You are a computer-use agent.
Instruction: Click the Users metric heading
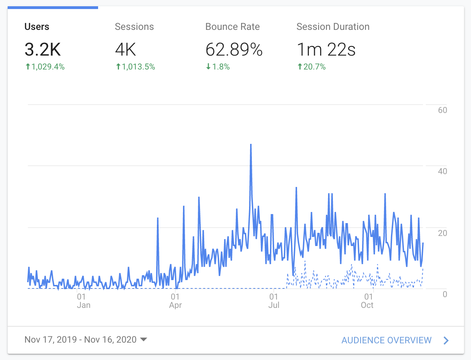[37, 27]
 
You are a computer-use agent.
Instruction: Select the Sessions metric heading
[134, 27]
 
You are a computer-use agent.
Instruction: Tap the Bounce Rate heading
[232, 27]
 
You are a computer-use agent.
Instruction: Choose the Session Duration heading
[333, 27]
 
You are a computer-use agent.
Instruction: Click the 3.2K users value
[43, 49]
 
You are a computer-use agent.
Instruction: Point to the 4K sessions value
[126, 49]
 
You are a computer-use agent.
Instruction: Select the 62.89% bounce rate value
[234, 49]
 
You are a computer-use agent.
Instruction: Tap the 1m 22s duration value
[326, 49]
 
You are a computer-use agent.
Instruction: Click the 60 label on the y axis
[442, 110]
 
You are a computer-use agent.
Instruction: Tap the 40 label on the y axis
[442, 171]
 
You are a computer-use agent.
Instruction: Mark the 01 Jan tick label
[83, 301]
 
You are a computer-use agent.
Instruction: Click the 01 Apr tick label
[175, 301]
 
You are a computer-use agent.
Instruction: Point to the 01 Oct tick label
[368, 301]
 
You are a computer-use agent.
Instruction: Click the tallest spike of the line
[251, 145]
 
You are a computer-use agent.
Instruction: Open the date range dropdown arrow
[143, 339]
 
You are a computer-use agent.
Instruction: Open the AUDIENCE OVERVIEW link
[386, 340]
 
